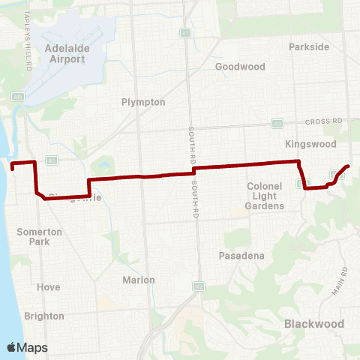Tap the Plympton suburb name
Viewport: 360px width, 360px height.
(143, 102)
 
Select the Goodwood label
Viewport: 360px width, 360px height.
(240, 67)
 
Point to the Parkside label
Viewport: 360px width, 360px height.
(309, 46)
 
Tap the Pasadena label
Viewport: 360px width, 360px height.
(241, 256)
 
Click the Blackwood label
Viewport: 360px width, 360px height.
(314, 324)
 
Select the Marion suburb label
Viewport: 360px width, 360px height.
(138, 280)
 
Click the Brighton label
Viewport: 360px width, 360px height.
(44, 316)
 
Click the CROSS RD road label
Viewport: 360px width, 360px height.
(323, 120)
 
